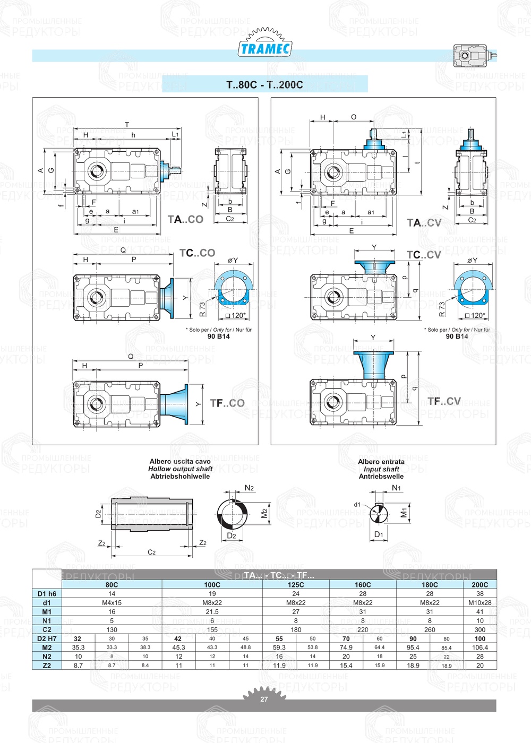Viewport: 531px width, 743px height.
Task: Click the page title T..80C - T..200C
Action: pos(264,84)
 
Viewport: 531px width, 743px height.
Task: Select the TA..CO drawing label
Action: pos(185,219)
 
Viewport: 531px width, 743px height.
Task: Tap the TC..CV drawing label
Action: pos(424,255)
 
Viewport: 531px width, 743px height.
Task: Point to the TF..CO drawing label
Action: pos(227,403)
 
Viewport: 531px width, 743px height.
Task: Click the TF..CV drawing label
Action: pos(444,401)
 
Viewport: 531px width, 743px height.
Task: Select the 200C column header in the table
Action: pos(479,584)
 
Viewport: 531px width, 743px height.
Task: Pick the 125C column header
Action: pos(296,584)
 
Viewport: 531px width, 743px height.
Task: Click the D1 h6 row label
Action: pos(47,594)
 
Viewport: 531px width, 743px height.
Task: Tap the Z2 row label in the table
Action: pos(47,666)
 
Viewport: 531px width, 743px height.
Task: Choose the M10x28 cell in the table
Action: pos(479,603)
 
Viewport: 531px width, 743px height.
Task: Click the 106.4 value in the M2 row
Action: pos(479,647)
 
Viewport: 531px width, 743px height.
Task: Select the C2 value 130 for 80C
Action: pos(112,630)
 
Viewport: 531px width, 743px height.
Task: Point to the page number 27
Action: pos(264,699)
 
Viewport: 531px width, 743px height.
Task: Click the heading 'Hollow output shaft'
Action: pos(180,469)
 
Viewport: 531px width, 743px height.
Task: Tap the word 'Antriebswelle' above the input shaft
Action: pos(381,477)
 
